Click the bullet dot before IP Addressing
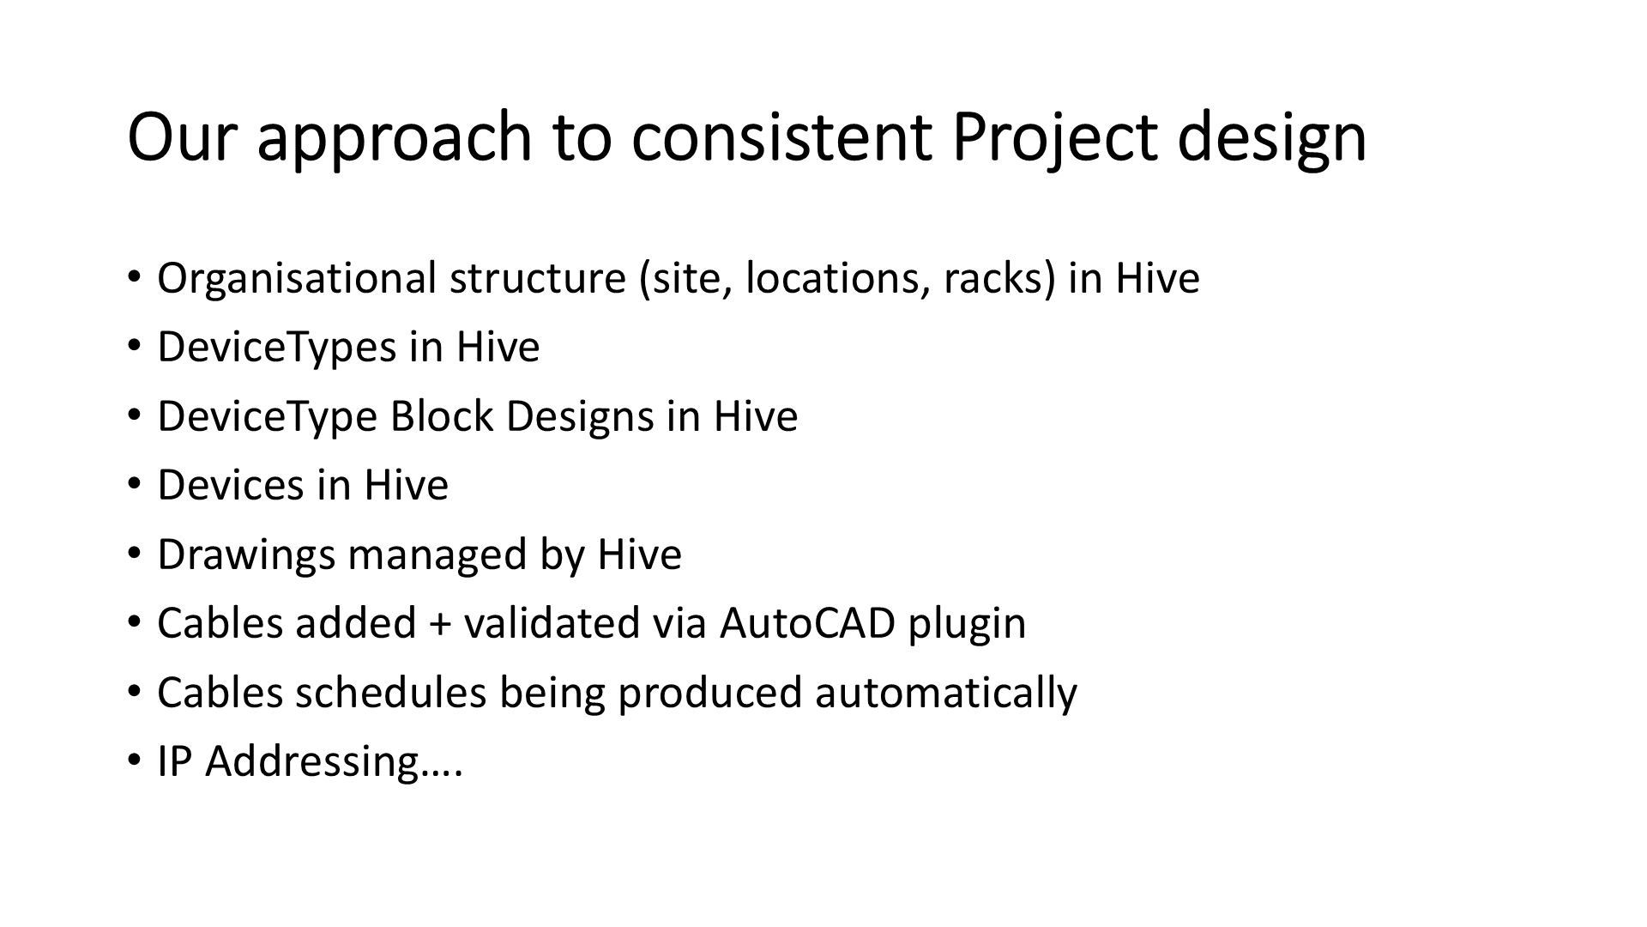(x=134, y=760)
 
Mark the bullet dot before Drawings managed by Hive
(x=134, y=554)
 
